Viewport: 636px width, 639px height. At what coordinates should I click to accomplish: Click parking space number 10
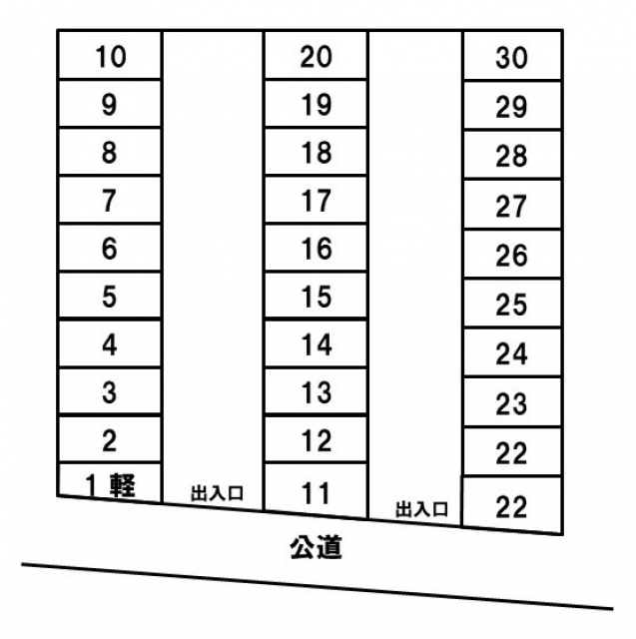[x=110, y=55]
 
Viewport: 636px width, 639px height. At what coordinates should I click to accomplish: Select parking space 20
[x=316, y=55]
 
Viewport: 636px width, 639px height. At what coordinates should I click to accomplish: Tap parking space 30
[x=512, y=56]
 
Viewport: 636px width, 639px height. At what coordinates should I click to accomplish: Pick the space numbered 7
[x=110, y=200]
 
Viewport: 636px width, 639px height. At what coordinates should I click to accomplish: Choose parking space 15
[x=316, y=296]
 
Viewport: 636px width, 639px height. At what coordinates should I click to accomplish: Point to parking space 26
[x=512, y=255]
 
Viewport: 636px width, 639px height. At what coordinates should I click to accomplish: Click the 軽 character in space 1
[x=123, y=485]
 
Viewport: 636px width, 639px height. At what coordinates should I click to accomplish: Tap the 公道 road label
[x=316, y=547]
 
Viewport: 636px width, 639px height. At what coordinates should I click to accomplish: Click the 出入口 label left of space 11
[x=218, y=493]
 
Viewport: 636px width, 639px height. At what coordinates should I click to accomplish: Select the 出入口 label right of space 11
[x=421, y=509]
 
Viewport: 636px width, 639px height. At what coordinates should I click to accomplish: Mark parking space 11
[x=316, y=490]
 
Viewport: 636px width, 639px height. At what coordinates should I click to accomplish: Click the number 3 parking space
[x=110, y=391]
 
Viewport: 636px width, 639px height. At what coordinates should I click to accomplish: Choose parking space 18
[x=316, y=152]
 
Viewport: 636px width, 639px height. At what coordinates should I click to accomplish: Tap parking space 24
[x=512, y=352]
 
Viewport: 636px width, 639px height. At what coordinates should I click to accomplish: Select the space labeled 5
[x=110, y=296]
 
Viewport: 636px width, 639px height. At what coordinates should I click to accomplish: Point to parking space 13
[x=316, y=391]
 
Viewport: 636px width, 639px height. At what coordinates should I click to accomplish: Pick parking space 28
[x=512, y=155]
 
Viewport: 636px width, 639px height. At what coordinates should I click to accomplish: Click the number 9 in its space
[x=109, y=104]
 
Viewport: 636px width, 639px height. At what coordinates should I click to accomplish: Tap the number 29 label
[x=512, y=107]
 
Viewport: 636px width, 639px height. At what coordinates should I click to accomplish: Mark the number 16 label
[x=317, y=249]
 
